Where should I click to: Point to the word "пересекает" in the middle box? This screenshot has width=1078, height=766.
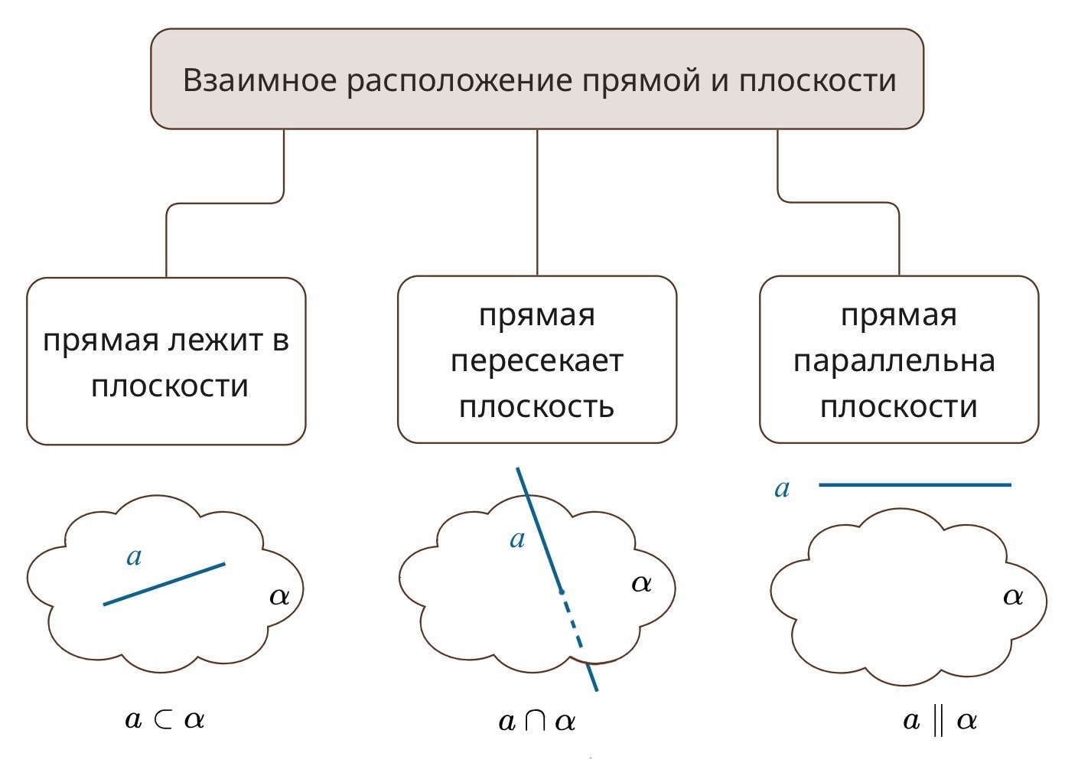[536, 360]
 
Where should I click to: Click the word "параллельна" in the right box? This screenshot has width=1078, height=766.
[894, 360]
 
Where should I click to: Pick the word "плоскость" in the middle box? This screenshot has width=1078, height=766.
[536, 406]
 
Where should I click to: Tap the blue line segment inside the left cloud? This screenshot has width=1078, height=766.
[164, 585]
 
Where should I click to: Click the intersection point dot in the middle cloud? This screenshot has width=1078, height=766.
[562, 592]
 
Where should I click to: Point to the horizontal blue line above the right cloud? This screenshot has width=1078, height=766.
[914, 484]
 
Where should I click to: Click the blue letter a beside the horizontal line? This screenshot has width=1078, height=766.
[781, 488]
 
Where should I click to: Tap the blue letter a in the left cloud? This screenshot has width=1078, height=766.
[134, 556]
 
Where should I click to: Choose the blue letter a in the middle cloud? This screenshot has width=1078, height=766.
[517, 539]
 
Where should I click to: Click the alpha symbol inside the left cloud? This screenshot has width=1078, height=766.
[279, 596]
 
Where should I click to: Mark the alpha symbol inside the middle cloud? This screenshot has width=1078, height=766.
[641, 584]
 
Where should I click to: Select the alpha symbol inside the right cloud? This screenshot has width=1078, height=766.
[1012, 596]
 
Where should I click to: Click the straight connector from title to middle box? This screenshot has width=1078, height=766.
[537, 203]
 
